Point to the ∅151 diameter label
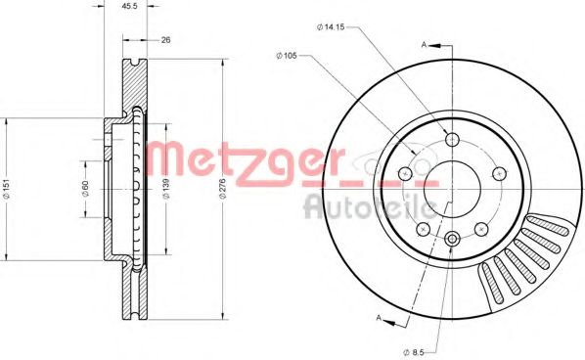[7, 191]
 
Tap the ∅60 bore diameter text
[86, 191]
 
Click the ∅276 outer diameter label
[223, 189]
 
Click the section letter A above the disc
[425, 45]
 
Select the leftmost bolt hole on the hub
[404, 174]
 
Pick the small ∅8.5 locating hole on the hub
[452, 240]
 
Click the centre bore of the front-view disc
[452, 187]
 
